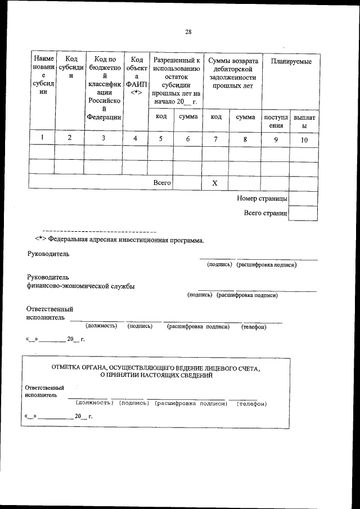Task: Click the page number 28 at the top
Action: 188,32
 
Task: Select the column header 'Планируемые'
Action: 291,61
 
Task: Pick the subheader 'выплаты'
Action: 304,121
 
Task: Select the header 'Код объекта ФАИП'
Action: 135,76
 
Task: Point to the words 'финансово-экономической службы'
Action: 80,286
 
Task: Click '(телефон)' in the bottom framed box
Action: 251,404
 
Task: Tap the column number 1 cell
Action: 42,138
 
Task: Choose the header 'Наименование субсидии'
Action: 43,76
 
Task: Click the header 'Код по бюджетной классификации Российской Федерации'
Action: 104,88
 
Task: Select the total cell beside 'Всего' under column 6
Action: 188,183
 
